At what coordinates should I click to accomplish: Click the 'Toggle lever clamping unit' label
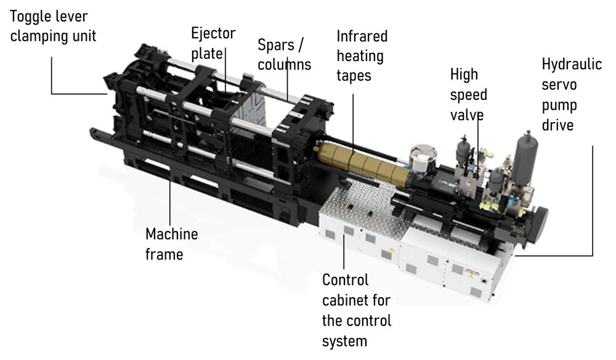[53, 26]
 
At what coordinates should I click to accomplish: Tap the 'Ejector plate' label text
[213, 43]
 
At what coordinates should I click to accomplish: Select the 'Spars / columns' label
[285, 55]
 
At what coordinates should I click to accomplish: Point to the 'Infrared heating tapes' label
[362, 55]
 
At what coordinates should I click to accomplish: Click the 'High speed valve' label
[469, 94]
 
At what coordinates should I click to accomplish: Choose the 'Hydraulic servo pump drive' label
[572, 94]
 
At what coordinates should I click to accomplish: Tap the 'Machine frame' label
[172, 244]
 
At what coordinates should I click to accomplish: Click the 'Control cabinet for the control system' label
[357, 311]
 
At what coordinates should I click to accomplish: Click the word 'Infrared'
[362, 36]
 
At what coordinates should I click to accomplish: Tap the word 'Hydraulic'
[572, 64]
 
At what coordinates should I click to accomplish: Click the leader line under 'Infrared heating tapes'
[352, 123]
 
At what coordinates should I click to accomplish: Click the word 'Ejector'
[213, 34]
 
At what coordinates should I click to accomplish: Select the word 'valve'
[467, 115]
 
